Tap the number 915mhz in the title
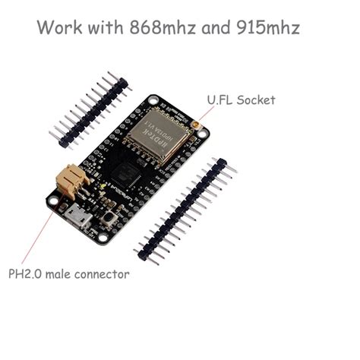click(x=267, y=28)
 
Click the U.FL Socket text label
click(x=241, y=99)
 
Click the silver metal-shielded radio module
click(x=158, y=137)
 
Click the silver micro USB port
click(x=77, y=219)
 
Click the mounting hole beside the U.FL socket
click(x=203, y=134)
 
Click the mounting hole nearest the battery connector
click(x=53, y=201)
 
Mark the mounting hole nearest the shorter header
click(x=153, y=100)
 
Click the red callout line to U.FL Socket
click(x=204, y=112)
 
